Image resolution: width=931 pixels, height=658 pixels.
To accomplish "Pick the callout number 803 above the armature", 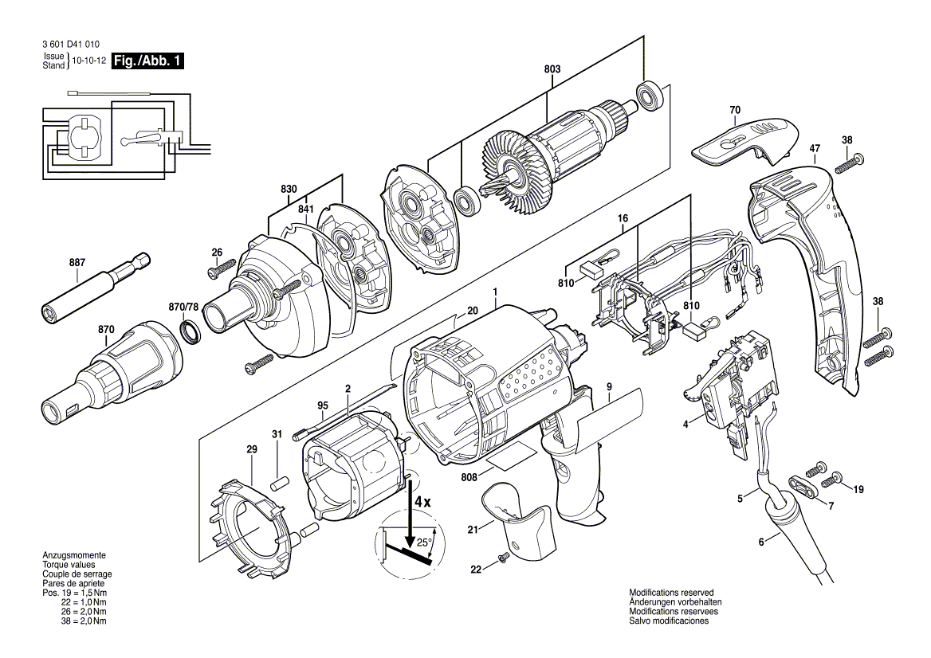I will [552, 70].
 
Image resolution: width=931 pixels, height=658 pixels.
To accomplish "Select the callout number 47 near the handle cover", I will [814, 148].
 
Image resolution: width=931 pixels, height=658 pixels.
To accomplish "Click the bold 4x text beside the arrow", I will [423, 503].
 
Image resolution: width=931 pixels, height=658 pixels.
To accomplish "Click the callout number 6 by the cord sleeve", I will [760, 542].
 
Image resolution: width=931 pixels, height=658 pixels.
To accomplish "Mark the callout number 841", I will [305, 209].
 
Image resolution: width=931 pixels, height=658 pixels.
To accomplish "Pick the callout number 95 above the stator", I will [323, 405].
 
